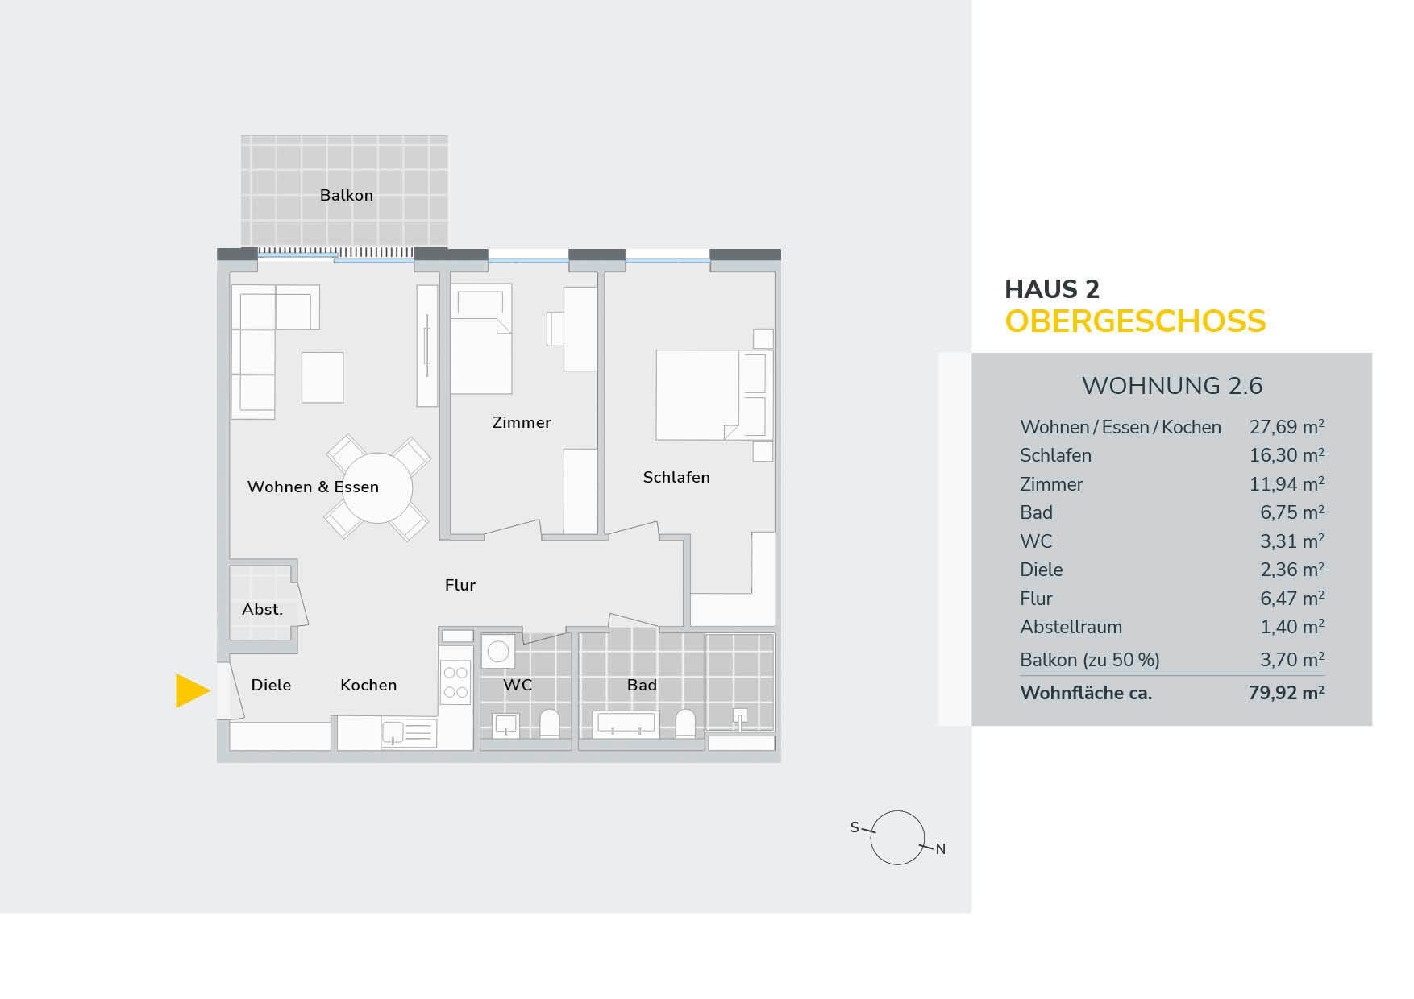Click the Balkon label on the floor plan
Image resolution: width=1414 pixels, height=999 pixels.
(x=347, y=195)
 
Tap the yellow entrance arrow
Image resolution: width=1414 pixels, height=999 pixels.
(x=192, y=690)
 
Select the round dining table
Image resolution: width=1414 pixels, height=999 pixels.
(x=377, y=487)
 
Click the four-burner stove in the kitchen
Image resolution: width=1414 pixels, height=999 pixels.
(x=455, y=682)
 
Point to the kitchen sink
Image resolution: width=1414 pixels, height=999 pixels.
(x=393, y=732)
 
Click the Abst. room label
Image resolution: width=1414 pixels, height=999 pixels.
(x=263, y=610)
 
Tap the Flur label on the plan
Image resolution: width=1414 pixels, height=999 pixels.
(x=460, y=585)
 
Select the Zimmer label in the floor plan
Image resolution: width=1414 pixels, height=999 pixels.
(x=522, y=422)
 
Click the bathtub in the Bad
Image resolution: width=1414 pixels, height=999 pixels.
(x=626, y=723)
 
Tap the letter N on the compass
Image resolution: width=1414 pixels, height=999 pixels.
(x=940, y=849)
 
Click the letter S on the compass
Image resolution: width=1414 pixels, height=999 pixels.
(x=855, y=827)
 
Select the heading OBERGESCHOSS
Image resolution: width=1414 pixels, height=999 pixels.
(x=1135, y=321)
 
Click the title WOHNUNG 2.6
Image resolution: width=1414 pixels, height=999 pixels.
(x=1171, y=386)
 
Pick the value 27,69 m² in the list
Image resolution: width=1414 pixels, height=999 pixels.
(x=1286, y=427)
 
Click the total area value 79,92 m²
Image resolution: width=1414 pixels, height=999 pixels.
(x=1286, y=693)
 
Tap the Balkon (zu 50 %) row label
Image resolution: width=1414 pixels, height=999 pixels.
(x=1089, y=660)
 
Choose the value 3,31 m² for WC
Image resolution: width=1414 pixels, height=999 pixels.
(x=1291, y=541)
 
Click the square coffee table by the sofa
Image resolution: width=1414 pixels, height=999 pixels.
(x=322, y=377)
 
